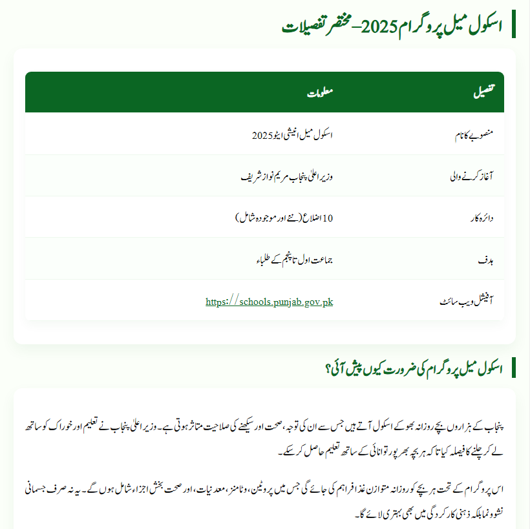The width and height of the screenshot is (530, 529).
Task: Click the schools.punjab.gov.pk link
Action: pyautogui.click(x=269, y=302)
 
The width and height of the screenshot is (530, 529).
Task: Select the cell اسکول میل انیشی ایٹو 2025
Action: pyautogui.click(x=292, y=134)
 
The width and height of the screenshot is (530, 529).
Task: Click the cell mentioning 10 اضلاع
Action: pyautogui.click(x=284, y=218)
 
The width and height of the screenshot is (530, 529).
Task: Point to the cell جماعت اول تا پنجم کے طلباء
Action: pyautogui.click(x=294, y=259)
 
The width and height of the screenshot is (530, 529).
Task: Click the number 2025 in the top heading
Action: pyautogui.click(x=375, y=26)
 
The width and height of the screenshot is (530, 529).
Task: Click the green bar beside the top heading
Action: pyautogui.click(x=514, y=24)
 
